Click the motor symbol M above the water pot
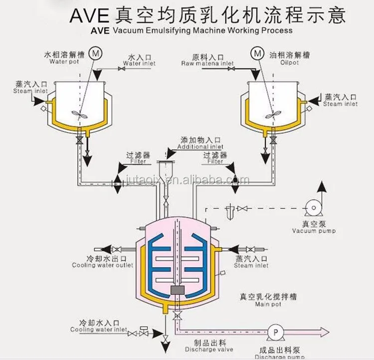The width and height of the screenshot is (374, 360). (x=97, y=51)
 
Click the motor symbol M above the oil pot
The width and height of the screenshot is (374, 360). (x=257, y=52)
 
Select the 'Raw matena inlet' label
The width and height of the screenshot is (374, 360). (x=207, y=64)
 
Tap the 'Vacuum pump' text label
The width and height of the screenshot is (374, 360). (x=314, y=231)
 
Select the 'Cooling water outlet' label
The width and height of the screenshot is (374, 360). (x=103, y=266)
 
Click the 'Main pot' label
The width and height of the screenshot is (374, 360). (x=268, y=304)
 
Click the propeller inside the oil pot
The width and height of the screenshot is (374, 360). (x=272, y=114)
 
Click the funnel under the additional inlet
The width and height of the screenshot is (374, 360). (x=165, y=168)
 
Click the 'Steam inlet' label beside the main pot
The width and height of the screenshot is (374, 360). (x=251, y=266)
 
